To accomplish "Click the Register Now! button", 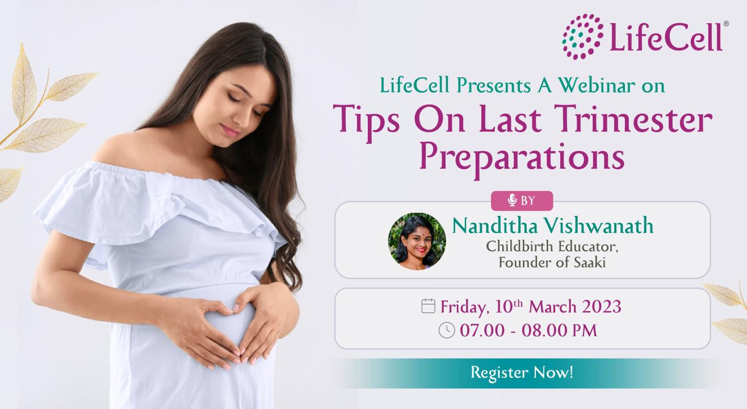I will [x=522, y=373].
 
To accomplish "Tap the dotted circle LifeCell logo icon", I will [x=583, y=36].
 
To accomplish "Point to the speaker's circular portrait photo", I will [x=417, y=241].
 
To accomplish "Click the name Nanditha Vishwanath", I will [x=552, y=226].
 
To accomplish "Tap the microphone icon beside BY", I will [x=512, y=201].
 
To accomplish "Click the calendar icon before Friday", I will [x=429, y=307].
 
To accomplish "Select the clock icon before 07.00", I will [x=447, y=330].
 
